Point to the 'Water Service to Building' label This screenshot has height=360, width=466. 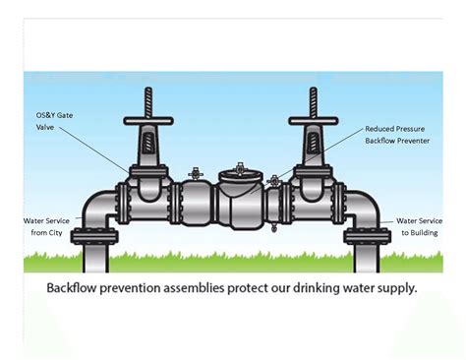click(x=422, y=225)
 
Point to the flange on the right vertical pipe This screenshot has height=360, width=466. click(x=368, y=236)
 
